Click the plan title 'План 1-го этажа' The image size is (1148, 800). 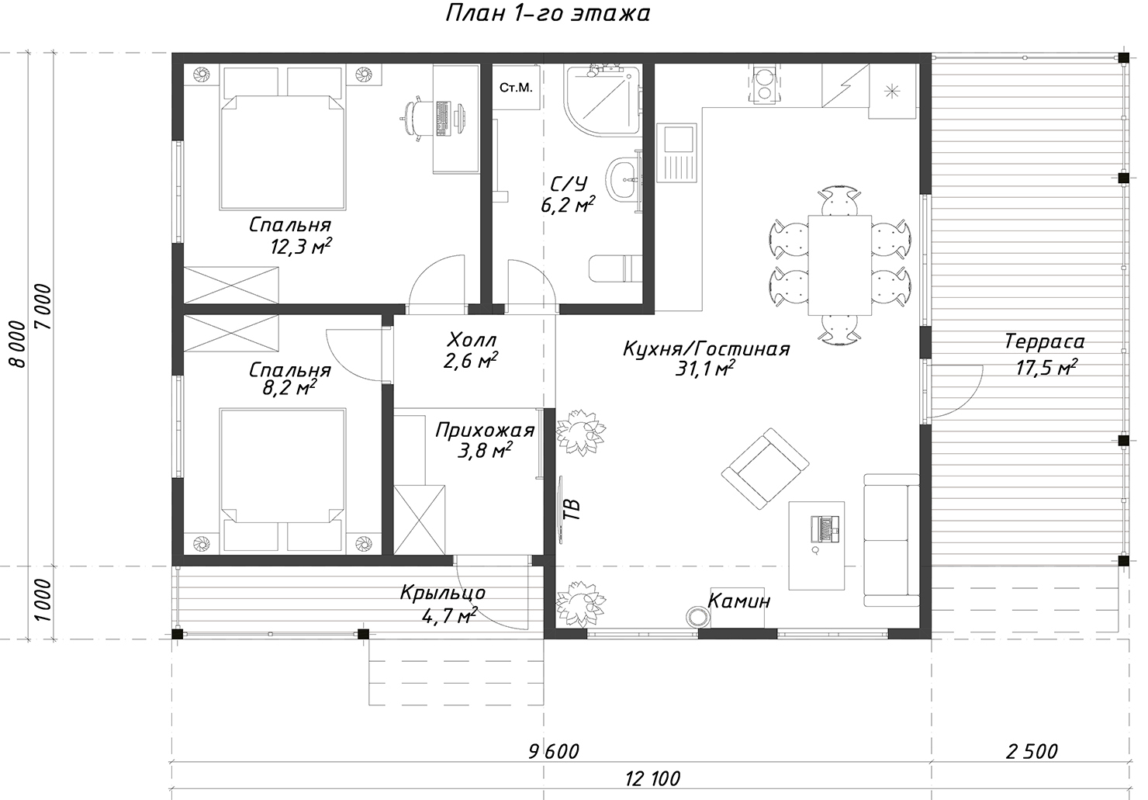548,13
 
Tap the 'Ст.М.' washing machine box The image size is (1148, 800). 516,87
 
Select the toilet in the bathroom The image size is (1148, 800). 616,268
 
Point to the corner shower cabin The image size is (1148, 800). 603,101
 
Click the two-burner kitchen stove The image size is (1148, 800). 765,85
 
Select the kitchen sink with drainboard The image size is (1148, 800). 676,154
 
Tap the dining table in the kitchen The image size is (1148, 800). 839,265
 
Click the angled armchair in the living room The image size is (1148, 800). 765,468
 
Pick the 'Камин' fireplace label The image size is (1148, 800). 739,601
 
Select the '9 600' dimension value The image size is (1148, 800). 554,752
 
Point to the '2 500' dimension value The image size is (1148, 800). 1032,752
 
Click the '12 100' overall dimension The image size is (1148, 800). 652,779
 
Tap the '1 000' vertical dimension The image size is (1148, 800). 43,601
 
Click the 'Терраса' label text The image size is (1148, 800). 1044,341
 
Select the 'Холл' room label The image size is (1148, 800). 472,340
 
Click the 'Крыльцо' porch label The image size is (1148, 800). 442,592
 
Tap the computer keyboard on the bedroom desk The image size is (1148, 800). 442,119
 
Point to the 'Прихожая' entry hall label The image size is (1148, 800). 485,430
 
